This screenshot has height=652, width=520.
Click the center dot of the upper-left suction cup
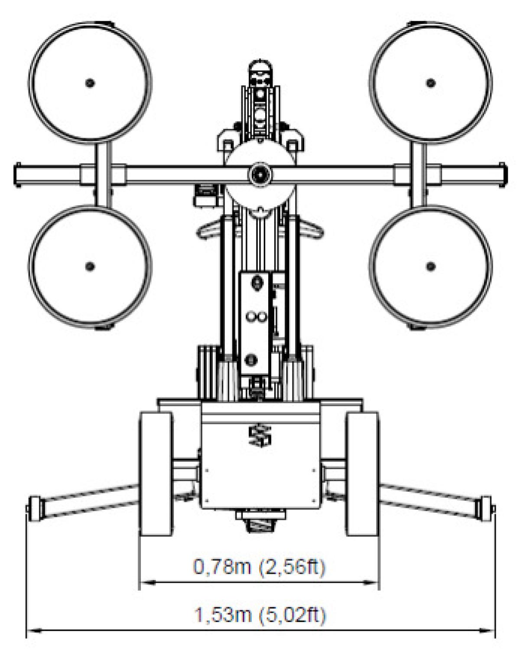click(x=90, y=83)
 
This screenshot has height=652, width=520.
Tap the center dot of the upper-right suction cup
click(x=430, y=83)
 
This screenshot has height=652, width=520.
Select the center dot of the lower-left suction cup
click(x=90, y=266)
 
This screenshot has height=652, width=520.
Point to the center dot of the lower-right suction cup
click(x=430, y=266)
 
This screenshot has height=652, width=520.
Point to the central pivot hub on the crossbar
click(x=260, y=175)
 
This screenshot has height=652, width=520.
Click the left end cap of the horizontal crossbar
click(x=18, y=175)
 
